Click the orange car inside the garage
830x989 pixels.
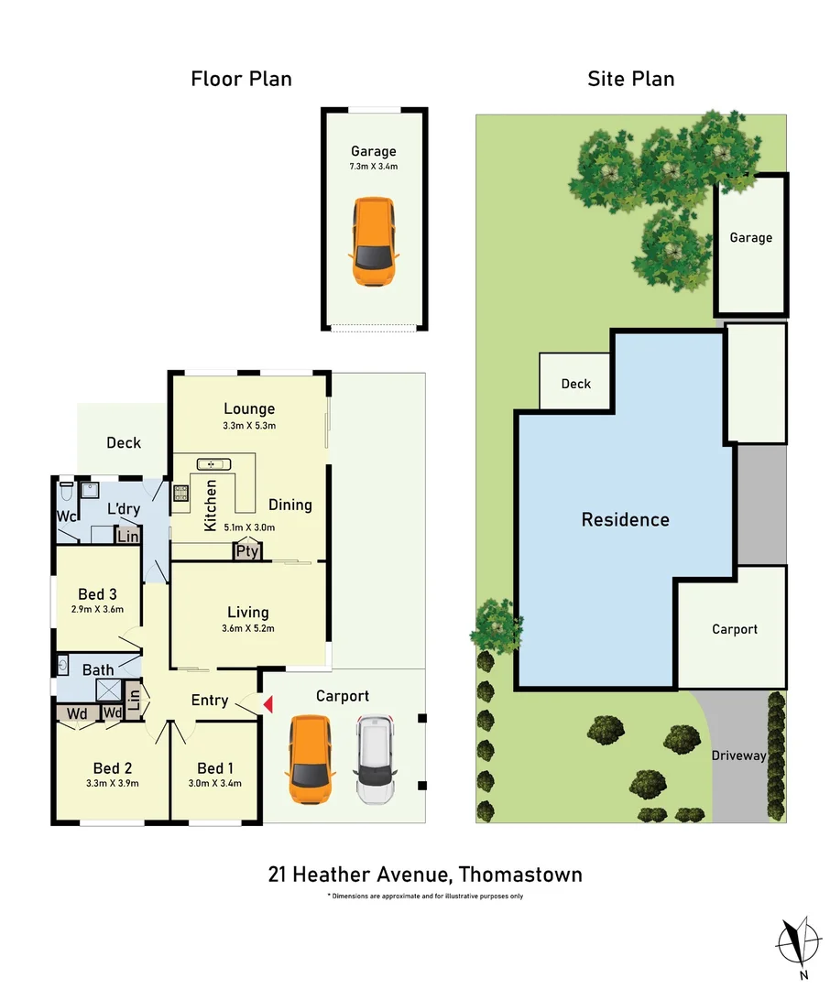[x=373, y=241]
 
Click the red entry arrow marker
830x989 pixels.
[x=268, y=703]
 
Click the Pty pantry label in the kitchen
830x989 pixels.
[x=247, y=551]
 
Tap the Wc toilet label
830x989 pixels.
[x=67, y=516]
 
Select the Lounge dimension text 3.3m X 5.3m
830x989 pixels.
[x=249, y=426]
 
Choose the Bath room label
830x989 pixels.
[x=98, y=669]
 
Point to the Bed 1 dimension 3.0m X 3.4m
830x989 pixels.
[x=216, y=783]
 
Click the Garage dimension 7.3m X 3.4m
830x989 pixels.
[x=373, y=167]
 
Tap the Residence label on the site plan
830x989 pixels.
[x=626, y=519]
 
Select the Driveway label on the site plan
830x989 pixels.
[x=738, y=755]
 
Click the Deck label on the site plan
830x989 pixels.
[x=576, y=384]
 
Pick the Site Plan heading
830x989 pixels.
[x=630, y=79]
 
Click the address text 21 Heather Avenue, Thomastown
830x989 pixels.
[x=425, y=875]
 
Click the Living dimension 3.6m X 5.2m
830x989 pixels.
[x=249, y=628]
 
